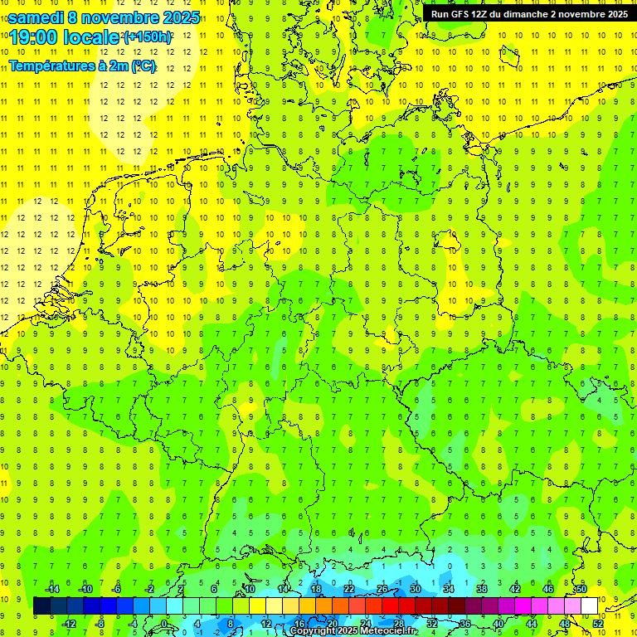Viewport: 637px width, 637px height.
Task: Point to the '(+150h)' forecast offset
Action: [148, 37]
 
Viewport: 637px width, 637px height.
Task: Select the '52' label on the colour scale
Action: [598, 623]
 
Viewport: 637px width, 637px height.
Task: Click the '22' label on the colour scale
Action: [349, 589]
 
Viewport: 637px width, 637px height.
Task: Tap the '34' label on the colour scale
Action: [449, 589]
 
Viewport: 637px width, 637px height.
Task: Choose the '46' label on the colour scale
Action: [548, 589]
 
